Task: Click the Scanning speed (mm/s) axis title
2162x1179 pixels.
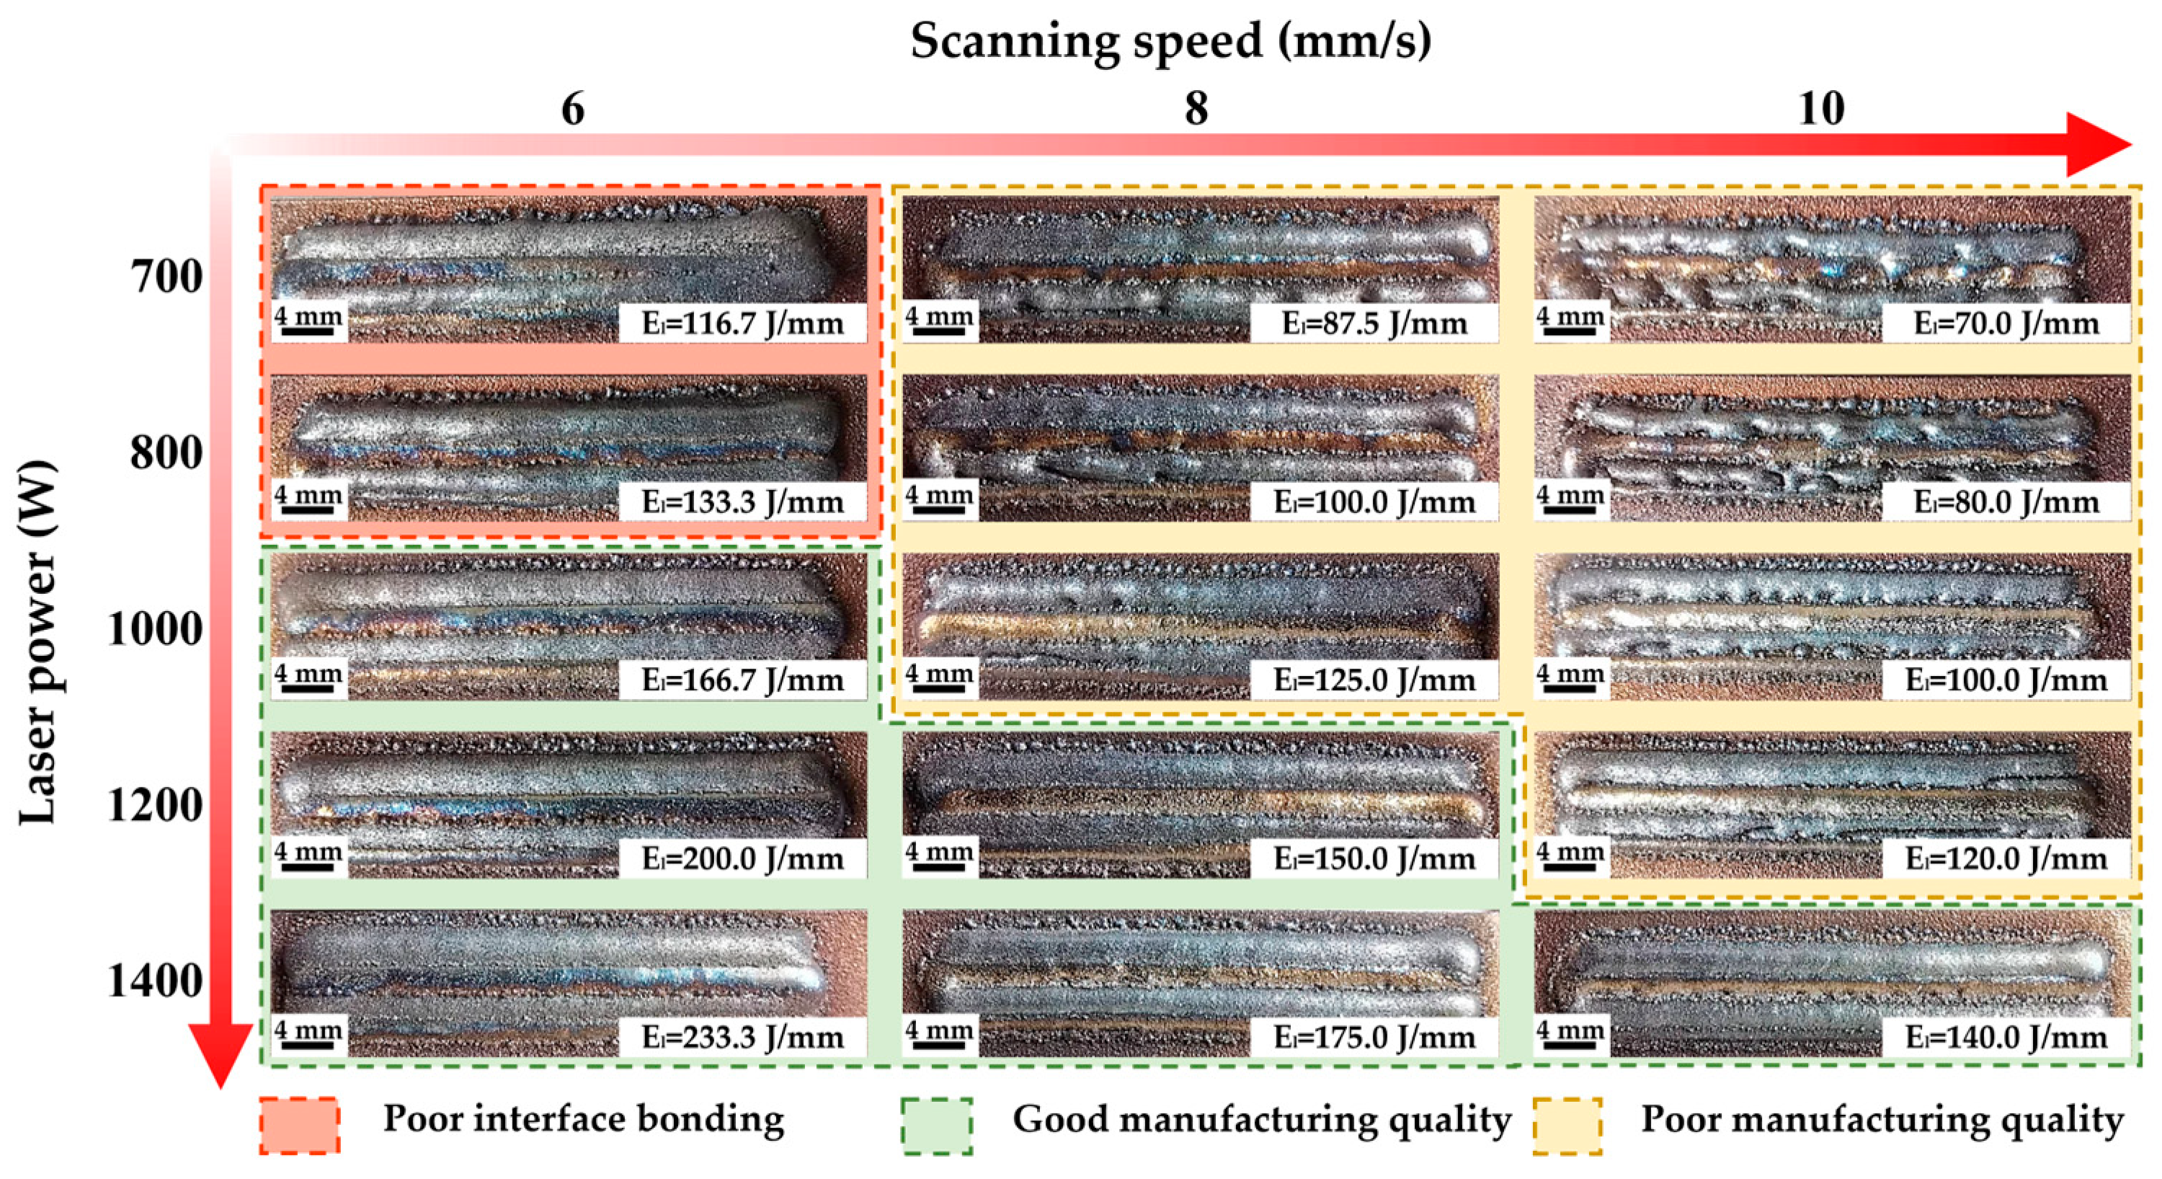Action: pos(1171,40)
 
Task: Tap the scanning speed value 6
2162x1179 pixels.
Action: pos(572,109)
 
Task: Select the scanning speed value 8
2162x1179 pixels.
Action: pos(1196,109)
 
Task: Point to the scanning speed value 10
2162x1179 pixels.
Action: pos(1821,109)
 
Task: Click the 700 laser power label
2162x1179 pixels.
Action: pos(166,276)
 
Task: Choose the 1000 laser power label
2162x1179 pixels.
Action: pos(155,628)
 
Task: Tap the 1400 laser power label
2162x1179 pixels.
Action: pos(155,981)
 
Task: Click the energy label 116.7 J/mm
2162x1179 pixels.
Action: pos(743,324)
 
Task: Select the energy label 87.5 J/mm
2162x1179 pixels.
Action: pos(1374,324)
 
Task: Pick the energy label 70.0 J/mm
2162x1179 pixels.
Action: pos(2006,324)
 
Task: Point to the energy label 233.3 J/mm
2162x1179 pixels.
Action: pos(743,1037)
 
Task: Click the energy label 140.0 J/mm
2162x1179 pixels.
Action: pos(2006,1037)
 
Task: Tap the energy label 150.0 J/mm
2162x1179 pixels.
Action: pos(1374,858)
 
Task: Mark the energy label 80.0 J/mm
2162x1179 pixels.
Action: pos(2006,502)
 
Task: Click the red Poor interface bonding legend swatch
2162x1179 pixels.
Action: pos(300,1125)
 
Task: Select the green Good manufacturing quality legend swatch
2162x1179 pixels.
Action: pos(938,1125)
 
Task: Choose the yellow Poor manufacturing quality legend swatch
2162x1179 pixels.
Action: pos(1567,1125)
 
